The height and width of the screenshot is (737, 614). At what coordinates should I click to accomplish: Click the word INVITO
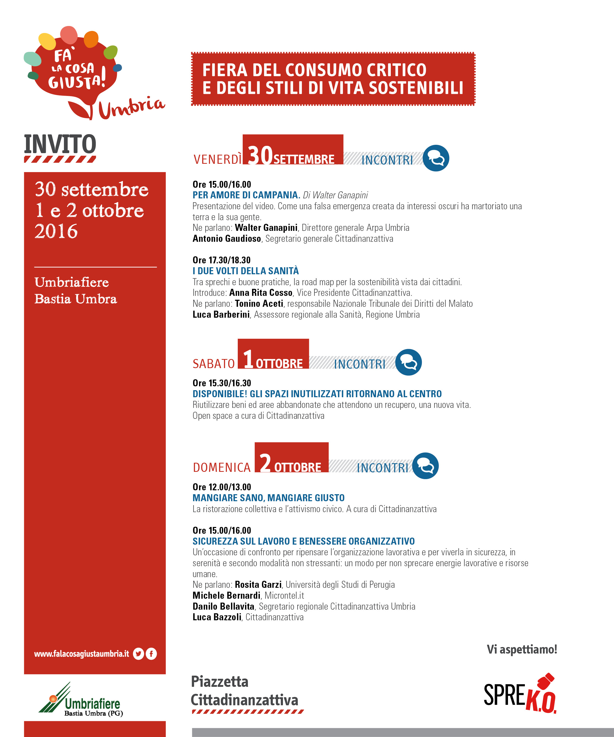coord(60,144)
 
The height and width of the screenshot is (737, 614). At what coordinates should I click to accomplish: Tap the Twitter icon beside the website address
coord(138,654)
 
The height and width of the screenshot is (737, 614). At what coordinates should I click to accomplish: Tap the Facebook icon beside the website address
coord(151,654)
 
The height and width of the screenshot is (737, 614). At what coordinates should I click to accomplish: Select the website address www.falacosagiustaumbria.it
coord(81,654)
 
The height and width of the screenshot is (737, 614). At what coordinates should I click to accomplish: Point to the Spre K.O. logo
coord(520,695)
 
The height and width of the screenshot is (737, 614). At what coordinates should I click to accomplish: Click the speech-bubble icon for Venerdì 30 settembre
coord(436,158)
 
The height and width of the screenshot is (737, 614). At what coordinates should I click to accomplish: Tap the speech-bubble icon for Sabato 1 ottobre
coord(408,362)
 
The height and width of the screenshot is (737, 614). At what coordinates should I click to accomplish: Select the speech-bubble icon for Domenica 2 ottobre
coord(425,466)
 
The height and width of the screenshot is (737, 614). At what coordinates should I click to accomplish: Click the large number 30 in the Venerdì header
coord(260,155)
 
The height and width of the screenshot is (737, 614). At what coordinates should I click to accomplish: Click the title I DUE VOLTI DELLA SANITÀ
coord(246,271)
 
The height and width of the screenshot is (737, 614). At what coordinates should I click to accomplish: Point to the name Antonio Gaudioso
coord(227,239)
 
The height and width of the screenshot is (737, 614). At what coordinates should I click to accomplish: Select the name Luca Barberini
coord(221,315)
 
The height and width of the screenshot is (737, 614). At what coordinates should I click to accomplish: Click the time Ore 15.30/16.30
coord(222,383)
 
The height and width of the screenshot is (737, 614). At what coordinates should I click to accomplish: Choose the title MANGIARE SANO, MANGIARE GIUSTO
coord(268,498)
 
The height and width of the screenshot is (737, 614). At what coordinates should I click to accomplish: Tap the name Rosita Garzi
coord(258,584)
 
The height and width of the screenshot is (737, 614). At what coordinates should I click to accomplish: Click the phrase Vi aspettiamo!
coord(522,649)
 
